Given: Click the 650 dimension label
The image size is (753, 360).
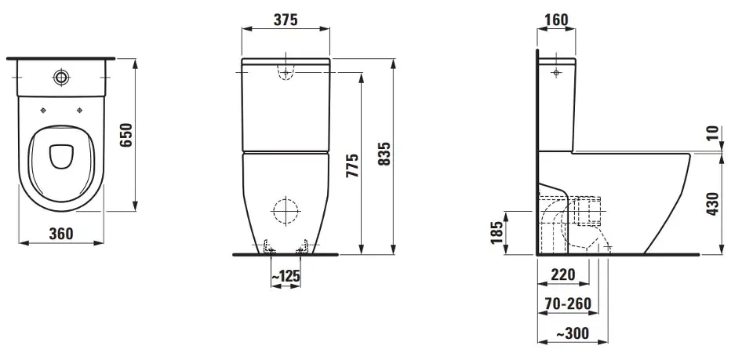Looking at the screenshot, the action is (125, 136).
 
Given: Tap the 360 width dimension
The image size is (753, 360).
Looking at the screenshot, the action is (61, 234).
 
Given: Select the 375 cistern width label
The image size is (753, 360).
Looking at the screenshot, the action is (286, 20).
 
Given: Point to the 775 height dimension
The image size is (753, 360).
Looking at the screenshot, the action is (353, 165).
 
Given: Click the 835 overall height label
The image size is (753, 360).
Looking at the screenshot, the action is (384, 154).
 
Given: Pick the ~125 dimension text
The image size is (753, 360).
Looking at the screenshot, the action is (286, 276).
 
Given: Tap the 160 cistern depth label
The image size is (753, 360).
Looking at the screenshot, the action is (557, 20).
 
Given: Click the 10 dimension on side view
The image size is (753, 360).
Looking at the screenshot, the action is (713, 132).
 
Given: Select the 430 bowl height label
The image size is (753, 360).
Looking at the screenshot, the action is (713, 203).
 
